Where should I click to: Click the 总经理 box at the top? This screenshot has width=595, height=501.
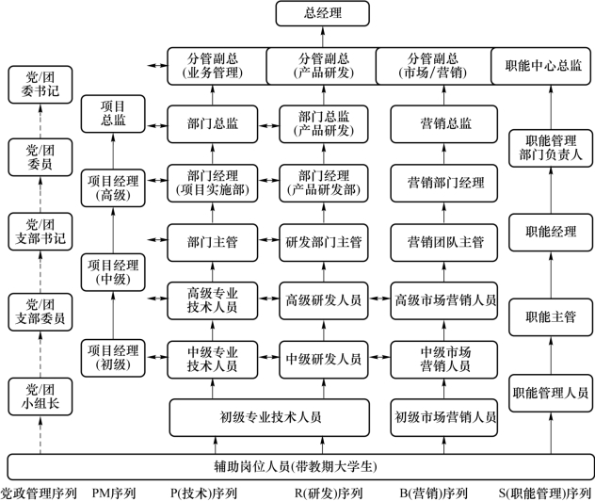tap(323, 14)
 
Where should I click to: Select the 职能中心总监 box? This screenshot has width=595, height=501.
tap(541, 66)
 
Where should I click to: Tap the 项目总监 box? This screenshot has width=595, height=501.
tap(113, 114)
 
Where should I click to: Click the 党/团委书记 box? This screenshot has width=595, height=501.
tap(40, 85)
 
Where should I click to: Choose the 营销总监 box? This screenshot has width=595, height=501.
tap(444, 124)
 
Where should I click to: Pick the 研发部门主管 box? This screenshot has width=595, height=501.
tap(324, 243)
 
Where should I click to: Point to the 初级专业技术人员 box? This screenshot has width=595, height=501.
tap(269, 417)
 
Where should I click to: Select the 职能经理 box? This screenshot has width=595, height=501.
tap(551, 233)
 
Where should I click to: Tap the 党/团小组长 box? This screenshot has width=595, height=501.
tap(40, 396)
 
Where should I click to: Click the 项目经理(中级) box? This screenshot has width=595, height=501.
tap(113, 272)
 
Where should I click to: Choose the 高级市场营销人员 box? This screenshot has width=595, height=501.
tap(444, 300)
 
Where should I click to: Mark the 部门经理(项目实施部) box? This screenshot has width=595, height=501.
tap(213, 183)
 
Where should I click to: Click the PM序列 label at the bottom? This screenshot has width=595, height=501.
tap(114, 493)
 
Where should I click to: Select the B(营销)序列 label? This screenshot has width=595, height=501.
tap(434, 493)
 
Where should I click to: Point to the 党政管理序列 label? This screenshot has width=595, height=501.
tap(39, 493)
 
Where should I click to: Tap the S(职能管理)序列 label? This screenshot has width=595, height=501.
tap(545, 493)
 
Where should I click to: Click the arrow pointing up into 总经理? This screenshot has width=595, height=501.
tap(323, 37)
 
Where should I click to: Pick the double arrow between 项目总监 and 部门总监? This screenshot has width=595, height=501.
tap(156, 125)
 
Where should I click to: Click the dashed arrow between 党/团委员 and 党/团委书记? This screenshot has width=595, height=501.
tap(40, 121)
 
